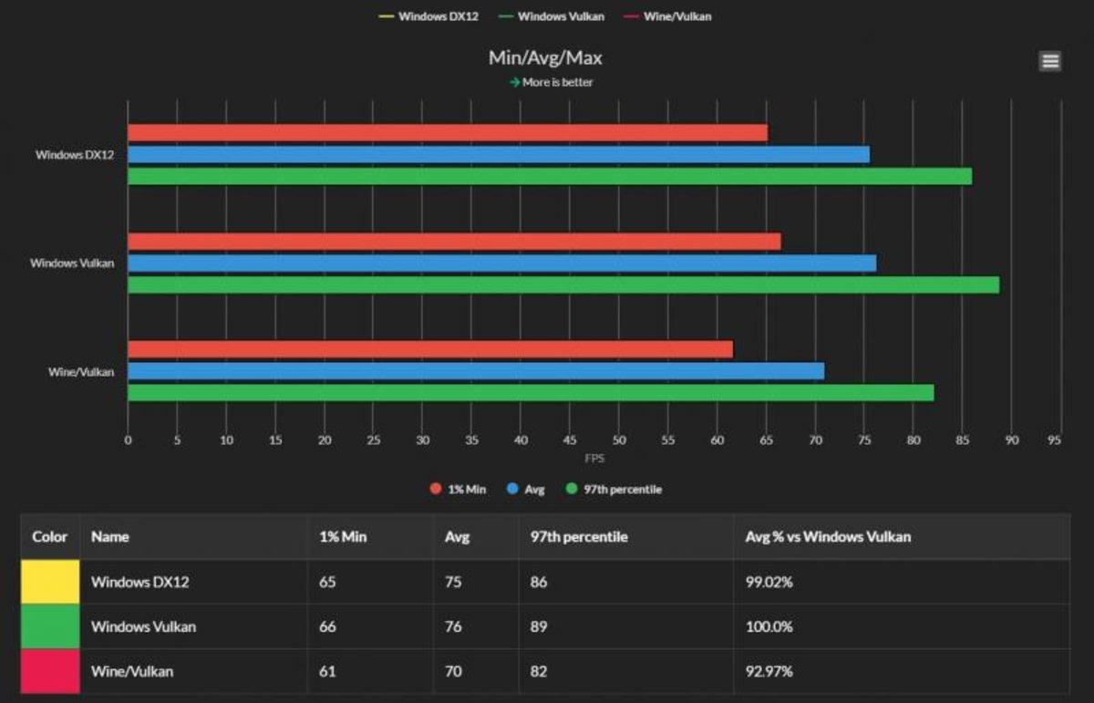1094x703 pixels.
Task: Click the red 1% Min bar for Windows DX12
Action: coord(447,133)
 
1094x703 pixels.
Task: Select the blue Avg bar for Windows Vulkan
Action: coord(501,264)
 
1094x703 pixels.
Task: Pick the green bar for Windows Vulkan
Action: coord(563,285)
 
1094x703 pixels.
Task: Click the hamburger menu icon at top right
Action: coord(1049,61)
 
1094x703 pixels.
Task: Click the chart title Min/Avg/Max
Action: coord(545,58)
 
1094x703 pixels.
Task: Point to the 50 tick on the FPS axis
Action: coord(619,440)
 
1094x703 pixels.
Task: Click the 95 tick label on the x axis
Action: coord(1055,440)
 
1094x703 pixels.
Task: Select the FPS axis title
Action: coord(594,458)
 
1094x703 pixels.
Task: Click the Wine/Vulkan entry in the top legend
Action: coord(673,16)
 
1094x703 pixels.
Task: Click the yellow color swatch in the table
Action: coord(50,582)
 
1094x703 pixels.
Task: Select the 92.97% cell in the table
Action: coord(769,672)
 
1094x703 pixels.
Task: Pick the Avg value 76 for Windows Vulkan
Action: coord(453,627)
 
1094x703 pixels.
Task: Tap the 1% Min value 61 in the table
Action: coord(327,672)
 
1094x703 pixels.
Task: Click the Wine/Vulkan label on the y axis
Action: coord(81,372)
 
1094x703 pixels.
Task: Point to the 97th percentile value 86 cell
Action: coord(539,582)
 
